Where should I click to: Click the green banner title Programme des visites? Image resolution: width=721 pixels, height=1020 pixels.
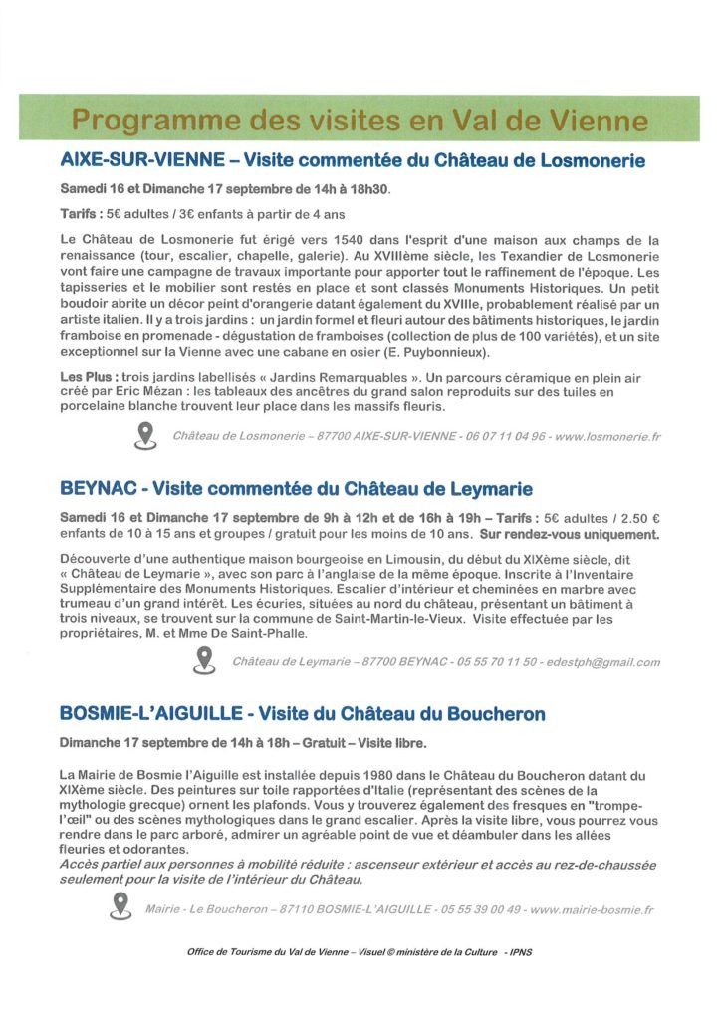point(360,121)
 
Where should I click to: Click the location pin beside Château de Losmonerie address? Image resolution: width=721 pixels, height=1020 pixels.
point(145,435)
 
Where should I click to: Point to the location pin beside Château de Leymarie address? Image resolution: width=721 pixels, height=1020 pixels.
point(205,660)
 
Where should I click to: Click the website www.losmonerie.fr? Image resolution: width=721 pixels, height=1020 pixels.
point(608,436)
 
